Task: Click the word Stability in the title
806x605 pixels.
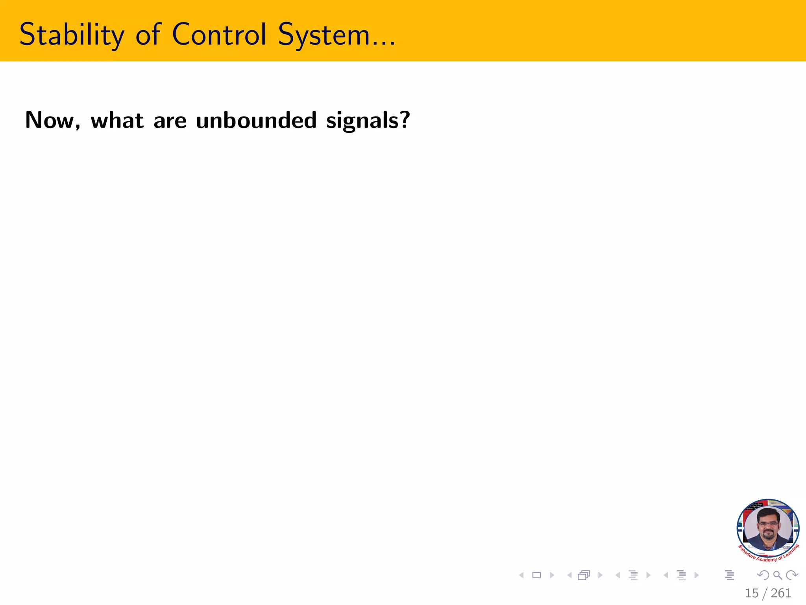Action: click(x=71, y=35)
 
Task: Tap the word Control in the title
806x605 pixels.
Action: click(x=219, y=34)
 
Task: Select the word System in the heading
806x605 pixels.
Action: click(x=324, y=35)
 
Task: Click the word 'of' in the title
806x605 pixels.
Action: click(x=148, y=34)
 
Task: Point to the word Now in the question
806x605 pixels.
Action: click(x=50, y=120)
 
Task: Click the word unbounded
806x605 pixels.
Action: click(x=256, y=120)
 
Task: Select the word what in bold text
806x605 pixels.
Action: click(x=117, y=120)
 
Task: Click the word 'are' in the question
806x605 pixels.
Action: click(x=170, y=121)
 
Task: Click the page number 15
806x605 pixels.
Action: click(x=751, y=593)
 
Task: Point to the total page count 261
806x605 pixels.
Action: click(x=781, y=593)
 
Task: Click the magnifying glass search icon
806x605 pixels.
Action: click(x=777, y=575)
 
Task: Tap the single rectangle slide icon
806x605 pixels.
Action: click(x=536, y=575)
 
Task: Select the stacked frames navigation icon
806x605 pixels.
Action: click(x=584, y=575)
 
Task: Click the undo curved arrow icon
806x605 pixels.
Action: click(x=763, y=575)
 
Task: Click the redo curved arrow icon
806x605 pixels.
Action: click(x=791, y=575)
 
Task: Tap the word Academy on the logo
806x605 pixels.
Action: click(x=766, y=559)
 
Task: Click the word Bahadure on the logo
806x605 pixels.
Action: click(x=747, y=552)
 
